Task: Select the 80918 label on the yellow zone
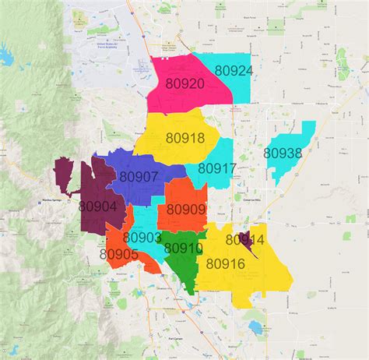point(184,138)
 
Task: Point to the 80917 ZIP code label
point(216,168)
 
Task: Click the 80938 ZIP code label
point(282,154)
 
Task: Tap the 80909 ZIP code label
point(186,210)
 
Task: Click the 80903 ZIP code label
point(142,237)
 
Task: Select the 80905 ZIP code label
point(119,254)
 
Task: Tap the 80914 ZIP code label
point(244,240)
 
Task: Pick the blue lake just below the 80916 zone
point(257,324)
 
